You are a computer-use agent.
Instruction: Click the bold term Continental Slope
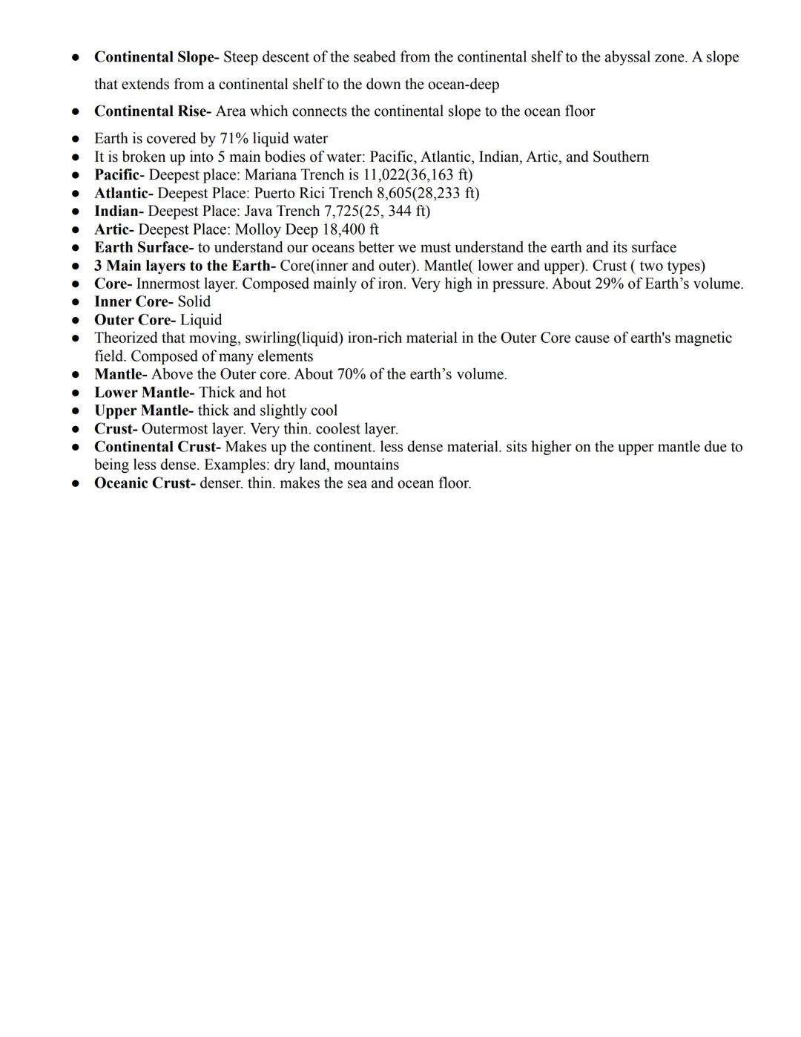click(156, 57)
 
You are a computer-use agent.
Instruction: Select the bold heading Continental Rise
click(152, 111)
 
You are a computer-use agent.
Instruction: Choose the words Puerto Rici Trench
click(313, 193)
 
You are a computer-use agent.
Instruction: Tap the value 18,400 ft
click(350, 229)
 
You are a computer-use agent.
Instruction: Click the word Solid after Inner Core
click(194, 301)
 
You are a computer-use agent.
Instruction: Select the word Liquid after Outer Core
click(201, 320)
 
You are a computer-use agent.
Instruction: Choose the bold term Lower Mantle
click(144, 393)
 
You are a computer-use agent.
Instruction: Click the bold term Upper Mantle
click(143, 410)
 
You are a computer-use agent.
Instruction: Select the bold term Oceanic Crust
click(145, 483)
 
